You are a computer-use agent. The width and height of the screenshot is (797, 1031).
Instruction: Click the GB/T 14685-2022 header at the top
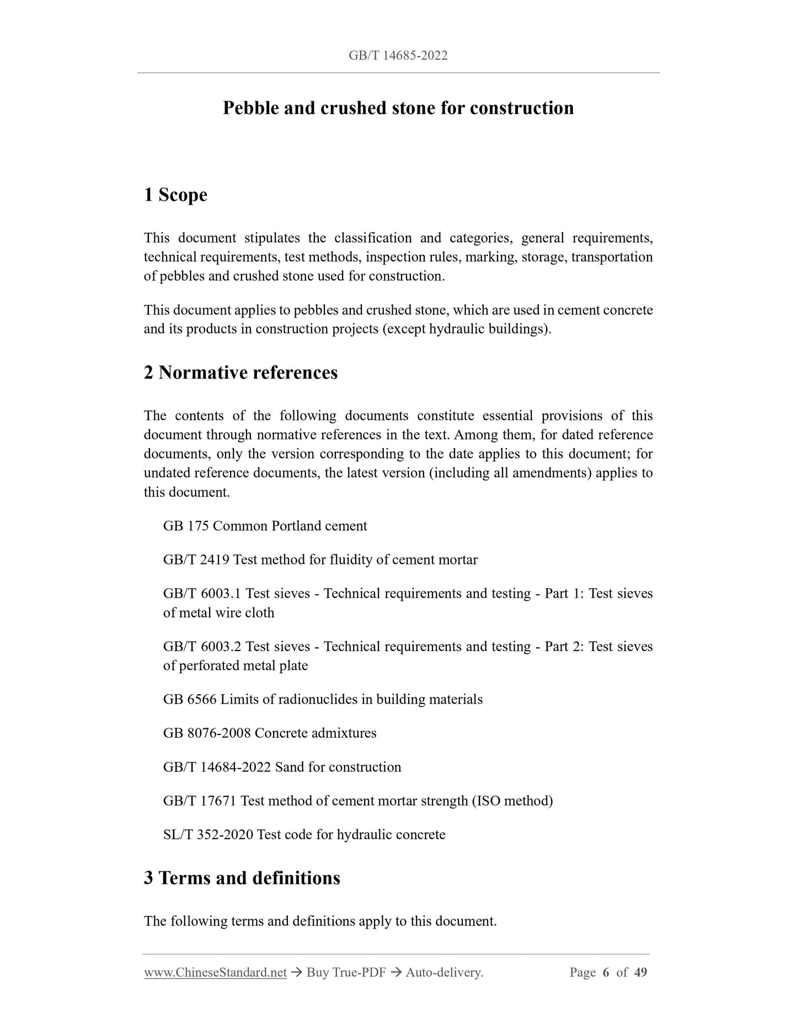pos(398,55)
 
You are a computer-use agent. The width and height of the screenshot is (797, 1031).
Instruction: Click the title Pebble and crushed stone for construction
pos(398,108)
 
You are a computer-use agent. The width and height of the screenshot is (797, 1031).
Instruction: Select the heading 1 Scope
pos(175,195)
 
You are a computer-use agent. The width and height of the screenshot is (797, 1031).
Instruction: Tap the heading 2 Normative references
pos(240,373)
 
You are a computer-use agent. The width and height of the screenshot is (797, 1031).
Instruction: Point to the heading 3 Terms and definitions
pos(242,878)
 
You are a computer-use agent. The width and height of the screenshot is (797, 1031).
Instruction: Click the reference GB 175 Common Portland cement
pos(265,526)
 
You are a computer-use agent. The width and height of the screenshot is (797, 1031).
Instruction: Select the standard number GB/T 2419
pos(196,560)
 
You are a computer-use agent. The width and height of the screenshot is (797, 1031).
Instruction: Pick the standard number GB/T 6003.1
pos(202,594)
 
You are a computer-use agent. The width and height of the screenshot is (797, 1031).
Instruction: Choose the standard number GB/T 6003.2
pos(202,647)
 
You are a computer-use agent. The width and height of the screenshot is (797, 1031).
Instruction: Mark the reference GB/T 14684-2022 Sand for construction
pos(282,767)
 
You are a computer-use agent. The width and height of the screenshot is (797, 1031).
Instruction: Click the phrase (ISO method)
pos(512,801)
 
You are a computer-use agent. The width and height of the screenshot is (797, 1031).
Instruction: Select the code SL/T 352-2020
pos(208,835)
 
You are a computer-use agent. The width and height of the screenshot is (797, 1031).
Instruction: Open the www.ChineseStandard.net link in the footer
pos(215,973)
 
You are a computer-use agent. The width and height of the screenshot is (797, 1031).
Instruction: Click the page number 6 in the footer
pos(606,973)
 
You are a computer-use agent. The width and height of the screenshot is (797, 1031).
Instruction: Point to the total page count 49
pos(640,973)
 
